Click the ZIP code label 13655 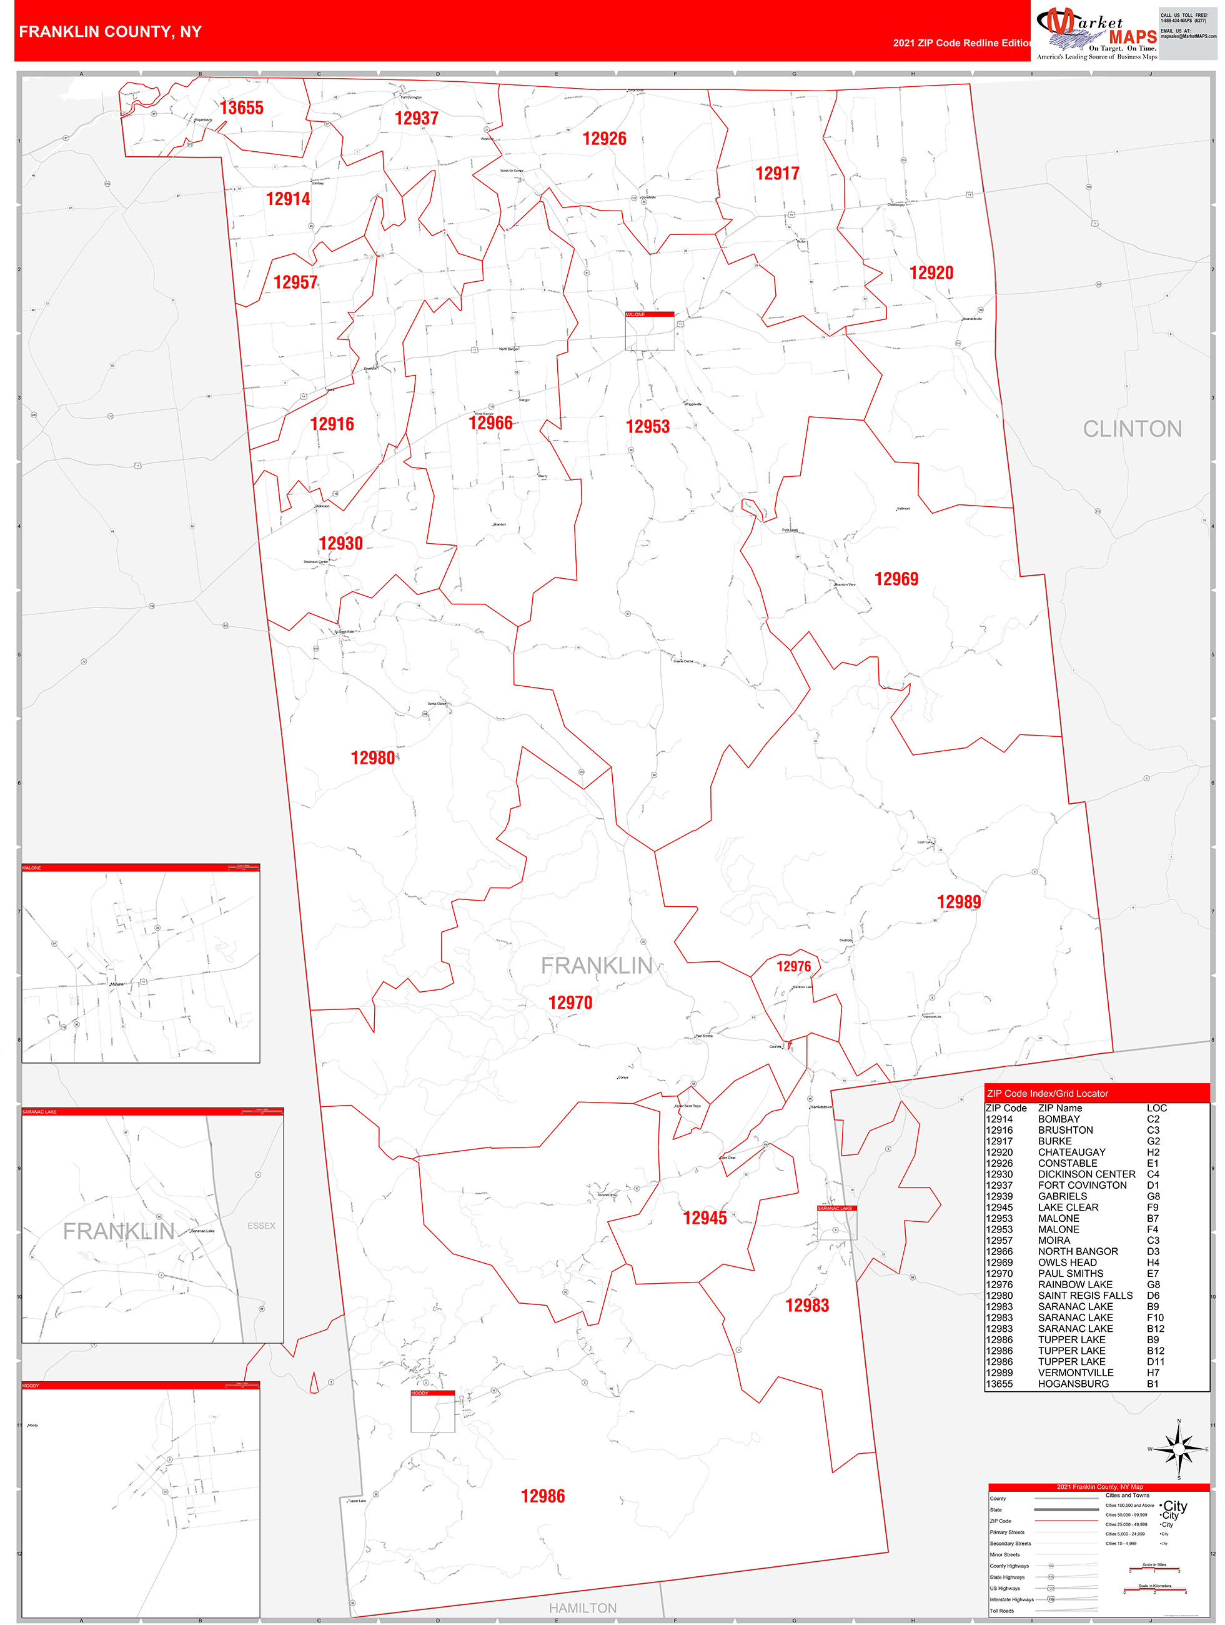pyautogui.click(x=241, y=108)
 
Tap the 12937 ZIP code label pyautogui.click(x=417, y=118)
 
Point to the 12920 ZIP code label pyautogui.click(x=931, y=273)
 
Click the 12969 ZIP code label pyautogui.click(x=896, y=579)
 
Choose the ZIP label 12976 pyautogui.click(x=793, y=967)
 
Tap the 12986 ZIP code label pyautogui.click(x=543, y=1496)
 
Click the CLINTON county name pyautogui.click(x=1132, y=429)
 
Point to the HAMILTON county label pyautogui.click(x=582, y=1608)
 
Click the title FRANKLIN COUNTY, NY pyautogui.click(x=110, y=32)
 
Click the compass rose pyautogui.click(x=1179, y=1449)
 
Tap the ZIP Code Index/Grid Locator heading pyautogui.click(x=1047, y=1094)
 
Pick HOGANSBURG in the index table pyautogui.click(x=1073, y=1384)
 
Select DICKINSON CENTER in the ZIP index pyautogui.click(x=1086, y=1174)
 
